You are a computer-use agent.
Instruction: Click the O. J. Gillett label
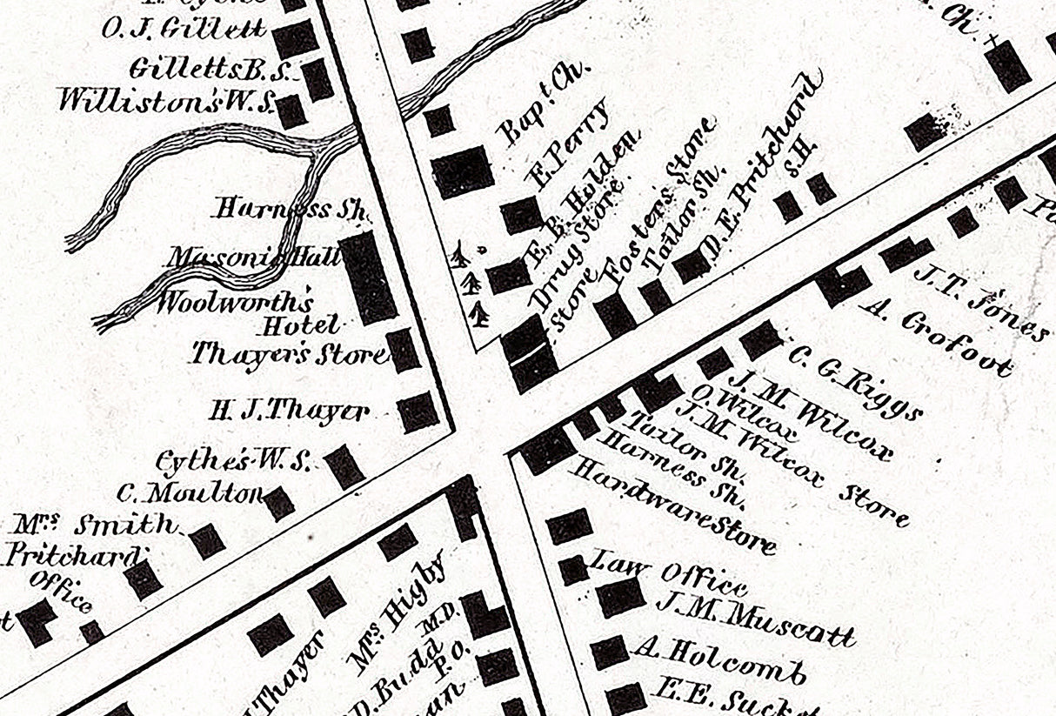click(x=184, y=29)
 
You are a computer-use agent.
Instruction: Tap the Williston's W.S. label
click(x=165, y=99)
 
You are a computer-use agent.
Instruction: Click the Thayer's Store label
click(x=287, y=354)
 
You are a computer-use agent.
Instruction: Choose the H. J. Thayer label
click(x=289, y=411)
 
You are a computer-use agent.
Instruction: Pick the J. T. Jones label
click(x=981, y=302)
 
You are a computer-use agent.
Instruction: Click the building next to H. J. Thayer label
click(x=418, y=412)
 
